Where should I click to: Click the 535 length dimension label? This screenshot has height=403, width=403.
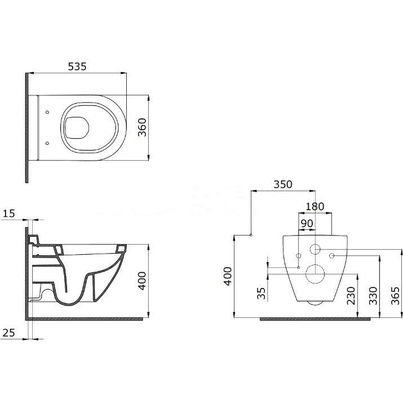click(x=77, y=67)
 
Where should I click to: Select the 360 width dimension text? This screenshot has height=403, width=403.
click(x=142, y=127)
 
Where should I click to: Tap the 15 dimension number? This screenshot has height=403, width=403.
click(x=9, y=214)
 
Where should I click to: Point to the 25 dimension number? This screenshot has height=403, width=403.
click(x=9, y=333)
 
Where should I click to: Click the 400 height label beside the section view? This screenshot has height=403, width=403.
click(x=142, y=281)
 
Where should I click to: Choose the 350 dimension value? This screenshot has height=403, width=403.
click(x=283, y=184)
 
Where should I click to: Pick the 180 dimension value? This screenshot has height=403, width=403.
click(x=315, y=206)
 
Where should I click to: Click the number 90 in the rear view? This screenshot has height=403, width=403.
click(x=307, y=223)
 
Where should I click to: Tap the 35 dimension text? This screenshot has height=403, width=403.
click(x=262, y=293)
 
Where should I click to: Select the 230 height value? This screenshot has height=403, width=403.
click(x=351, y=295)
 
